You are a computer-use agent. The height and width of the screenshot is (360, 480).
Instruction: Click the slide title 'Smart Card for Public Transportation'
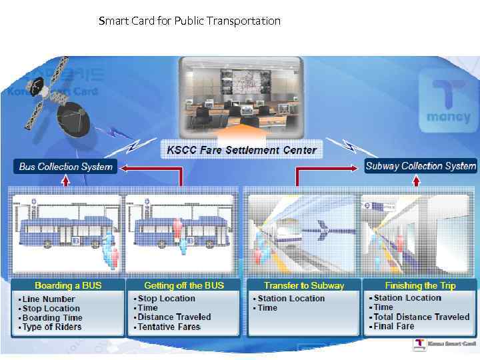pyautogui.click(x=189, y=21)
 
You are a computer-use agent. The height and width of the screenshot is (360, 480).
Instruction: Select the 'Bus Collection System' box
pyautogui.click(x=65, y=166)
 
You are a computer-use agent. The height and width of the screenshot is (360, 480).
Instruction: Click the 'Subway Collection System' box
pyautogui.click(x=421, y=166)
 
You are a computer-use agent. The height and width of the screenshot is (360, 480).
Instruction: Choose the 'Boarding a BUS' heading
pyautogui.click(x=68, y=285)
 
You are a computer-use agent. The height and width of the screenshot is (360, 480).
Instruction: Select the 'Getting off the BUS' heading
pyautogui.click(x=184, y=285)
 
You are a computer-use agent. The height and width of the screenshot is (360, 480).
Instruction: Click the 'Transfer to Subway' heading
pyautogui.click(x=304, y=285)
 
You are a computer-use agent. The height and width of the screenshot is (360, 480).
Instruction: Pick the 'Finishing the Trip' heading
pyautogui.click(x=420, y=285)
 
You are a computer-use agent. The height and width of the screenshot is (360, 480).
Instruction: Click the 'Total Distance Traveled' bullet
pyautogui.click(x=421, y=317)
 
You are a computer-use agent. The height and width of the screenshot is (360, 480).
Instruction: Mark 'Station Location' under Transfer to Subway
pyautogui.click(x=291, y=299)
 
